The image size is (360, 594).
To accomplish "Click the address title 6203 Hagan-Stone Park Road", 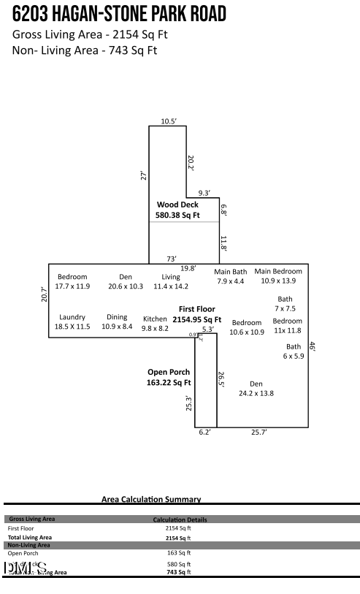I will click(119, 14).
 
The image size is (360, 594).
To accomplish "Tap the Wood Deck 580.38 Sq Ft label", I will click(177, 210).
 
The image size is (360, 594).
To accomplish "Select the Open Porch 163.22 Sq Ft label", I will click(169, 377).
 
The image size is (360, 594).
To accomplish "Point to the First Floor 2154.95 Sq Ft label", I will click(196, 314).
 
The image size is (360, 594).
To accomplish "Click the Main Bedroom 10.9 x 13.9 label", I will click(278, 276).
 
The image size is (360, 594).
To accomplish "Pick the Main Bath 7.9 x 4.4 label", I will click(230, 276).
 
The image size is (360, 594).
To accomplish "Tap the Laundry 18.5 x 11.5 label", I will click(72, 321).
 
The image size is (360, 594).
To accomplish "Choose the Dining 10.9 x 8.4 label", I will click(117, 321).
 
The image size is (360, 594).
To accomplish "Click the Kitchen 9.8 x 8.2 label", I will click(155, 324).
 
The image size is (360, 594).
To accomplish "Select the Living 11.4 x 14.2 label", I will click(171, 281).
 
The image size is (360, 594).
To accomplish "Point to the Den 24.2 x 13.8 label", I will click(256, 388).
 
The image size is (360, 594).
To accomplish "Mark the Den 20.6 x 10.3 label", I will click(126, 281).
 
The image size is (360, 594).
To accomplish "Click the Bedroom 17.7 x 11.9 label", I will click(72, 281).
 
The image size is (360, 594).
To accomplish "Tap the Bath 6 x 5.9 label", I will click(293, 351).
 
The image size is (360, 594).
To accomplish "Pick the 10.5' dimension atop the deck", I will click(169, 121).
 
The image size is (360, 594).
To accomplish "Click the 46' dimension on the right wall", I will click(312, 347).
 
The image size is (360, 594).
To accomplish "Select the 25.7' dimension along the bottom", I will click(258, 433).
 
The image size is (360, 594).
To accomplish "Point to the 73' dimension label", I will click(172, 259).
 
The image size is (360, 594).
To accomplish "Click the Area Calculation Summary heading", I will click(151, 499).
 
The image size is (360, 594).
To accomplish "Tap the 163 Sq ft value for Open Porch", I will click(178, 553).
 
